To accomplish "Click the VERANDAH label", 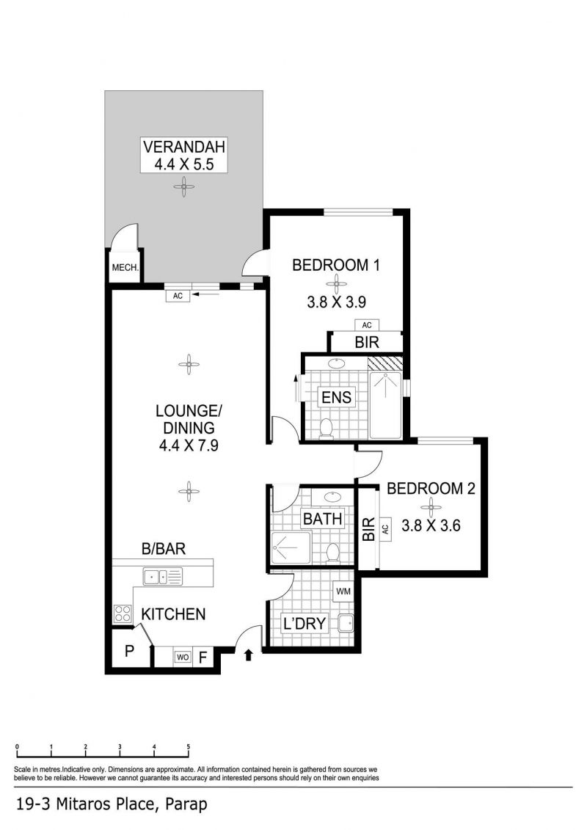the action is click(x=183, y=147).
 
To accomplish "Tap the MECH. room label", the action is click(x=125, y=268).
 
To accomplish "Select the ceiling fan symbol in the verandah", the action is click(x=183, y=186).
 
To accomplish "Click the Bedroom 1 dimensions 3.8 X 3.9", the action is click(x=336, y=302).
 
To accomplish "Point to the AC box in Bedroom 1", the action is click(x=367, y=325).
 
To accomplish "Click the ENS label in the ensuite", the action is click(x=336, y=397).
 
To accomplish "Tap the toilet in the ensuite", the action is click(x=326, y=429).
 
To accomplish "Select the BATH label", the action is click(x=322, y=519).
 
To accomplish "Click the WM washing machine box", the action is click(x=343, y=591).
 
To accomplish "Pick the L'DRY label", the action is click(x=305, y=624).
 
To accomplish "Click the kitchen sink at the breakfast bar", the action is click(x=162, y=576).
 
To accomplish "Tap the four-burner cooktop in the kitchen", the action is click(x=123, y=614).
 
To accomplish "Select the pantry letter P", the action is click(x=129, y=650).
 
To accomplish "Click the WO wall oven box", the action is click(x=183, y=657).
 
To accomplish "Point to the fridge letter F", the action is click(x=203, y=658).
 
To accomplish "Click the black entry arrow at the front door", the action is click(x=249, y=655).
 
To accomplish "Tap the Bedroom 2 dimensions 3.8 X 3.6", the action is click(x=431, y=525).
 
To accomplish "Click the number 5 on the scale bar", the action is click(x=189, y=747).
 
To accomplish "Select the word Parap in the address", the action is click(x=186, y=805).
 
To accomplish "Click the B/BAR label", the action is click(x=164, y=549).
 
